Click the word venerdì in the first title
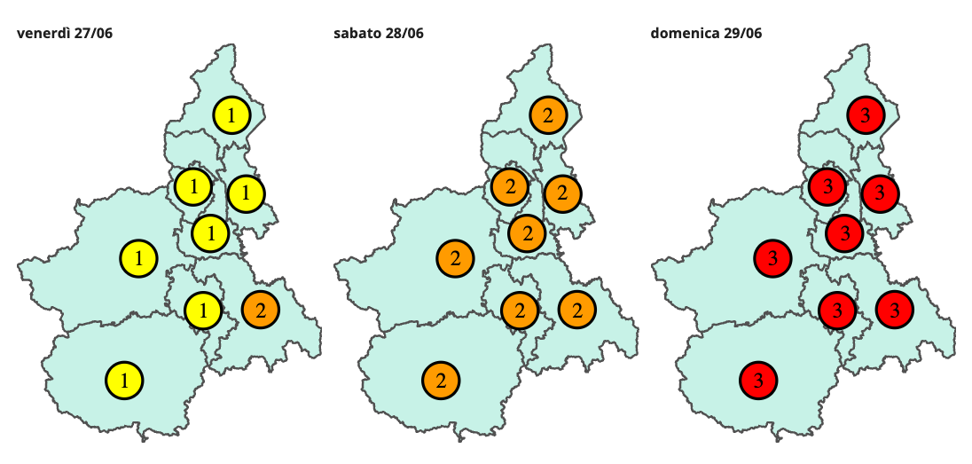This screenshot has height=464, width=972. (41, 34)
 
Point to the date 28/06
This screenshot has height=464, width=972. (404, 34)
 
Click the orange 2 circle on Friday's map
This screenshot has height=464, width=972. (260, 310)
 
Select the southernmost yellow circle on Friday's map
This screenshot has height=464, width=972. (125, 380)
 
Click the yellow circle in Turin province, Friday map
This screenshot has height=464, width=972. (138, 258)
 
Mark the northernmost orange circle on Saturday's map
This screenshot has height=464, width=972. (548, 114)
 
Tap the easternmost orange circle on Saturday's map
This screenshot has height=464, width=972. (576, 310)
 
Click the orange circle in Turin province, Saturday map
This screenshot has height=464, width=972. (455, 258)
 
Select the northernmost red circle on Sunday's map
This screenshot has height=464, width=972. (865, 114)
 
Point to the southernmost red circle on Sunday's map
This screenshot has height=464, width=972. (758, 380)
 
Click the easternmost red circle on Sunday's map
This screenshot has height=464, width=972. (894, 310)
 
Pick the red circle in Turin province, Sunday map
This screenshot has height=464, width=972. (772, 258)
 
